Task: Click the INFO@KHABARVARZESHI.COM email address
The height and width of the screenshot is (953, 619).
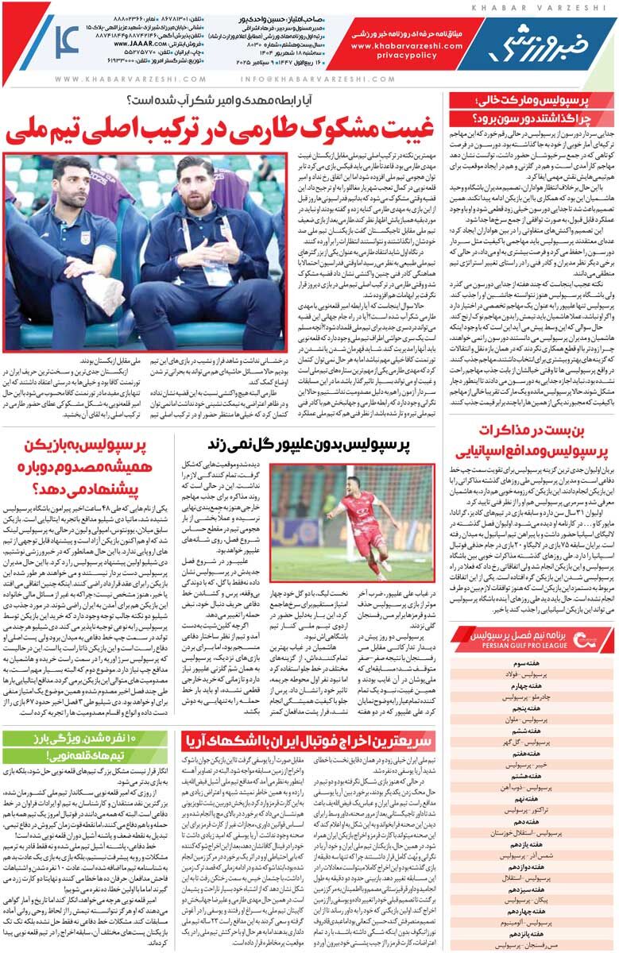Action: click(x=290, y=79)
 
